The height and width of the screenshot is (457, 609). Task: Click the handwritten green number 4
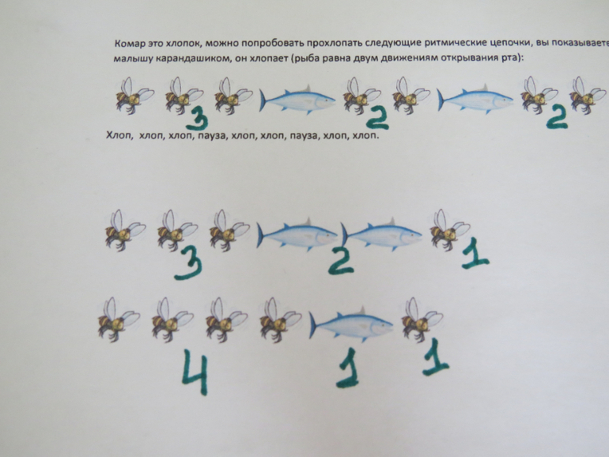tap(195, 372)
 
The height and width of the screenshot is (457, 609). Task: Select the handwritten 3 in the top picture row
tap(197, 119)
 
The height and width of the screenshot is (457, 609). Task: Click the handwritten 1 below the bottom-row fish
tap(348, 368)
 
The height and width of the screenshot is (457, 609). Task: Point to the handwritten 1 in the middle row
tap(475, 255)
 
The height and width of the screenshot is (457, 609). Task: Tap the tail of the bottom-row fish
tap(314, 325)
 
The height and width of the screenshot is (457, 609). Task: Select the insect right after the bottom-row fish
tap(422, 319)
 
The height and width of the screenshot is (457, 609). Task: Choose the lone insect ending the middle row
tap(450, 231)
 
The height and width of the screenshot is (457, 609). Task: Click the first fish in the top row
tap(297, 100)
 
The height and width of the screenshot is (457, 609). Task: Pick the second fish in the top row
tap(475, 99)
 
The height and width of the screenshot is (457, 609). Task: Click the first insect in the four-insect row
tap(119, 319)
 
